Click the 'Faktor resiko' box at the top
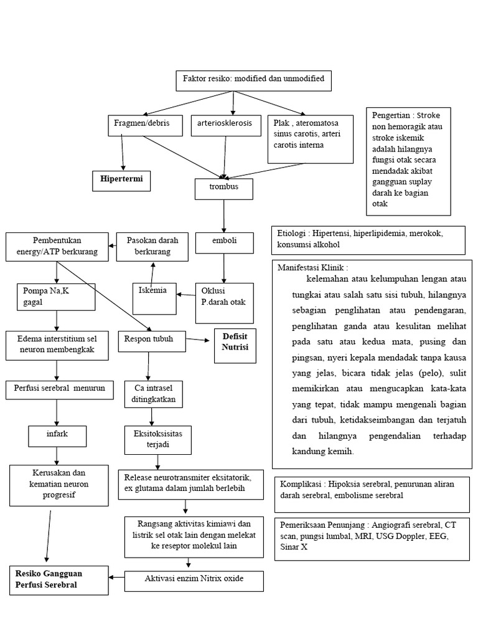pos(253,81)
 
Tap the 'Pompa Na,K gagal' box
pos(57,297)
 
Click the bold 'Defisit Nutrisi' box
pos(235,341)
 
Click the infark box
pos(57,433)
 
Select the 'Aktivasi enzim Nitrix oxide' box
pos(194,580)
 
